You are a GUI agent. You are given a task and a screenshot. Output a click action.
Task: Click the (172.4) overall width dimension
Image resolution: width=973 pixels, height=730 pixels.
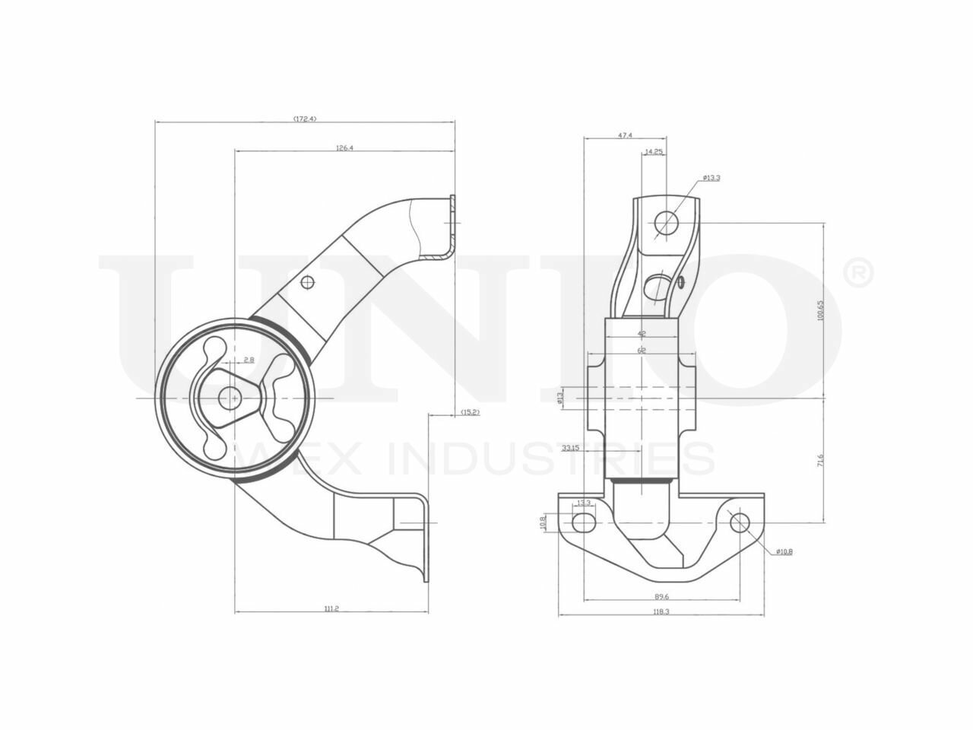pyautogui.click(x=304, y=119)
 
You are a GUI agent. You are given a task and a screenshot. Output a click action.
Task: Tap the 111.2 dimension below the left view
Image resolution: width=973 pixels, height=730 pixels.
pyautogui.click(x=331, y=608)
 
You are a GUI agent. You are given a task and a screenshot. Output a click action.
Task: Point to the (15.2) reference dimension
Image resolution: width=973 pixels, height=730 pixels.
pyautogui.click(x=470, y=412)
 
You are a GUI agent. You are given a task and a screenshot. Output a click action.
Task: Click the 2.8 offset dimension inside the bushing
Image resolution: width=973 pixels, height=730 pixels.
pyautogui.click(x=249, y=359)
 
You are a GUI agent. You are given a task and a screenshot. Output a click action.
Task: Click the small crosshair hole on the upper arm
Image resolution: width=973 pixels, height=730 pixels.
pyautogui.click(x=307, y=283)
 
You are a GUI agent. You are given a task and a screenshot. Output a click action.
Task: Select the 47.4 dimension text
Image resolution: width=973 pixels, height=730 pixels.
pyautogui.click(x=625, y=135)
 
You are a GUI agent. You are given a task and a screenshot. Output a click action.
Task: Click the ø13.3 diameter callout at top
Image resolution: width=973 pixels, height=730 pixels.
pyautogui.click(x=712, y=177)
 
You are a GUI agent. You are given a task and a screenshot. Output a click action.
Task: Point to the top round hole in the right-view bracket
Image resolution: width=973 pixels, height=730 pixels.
pyautogui.click(x=667, y=222)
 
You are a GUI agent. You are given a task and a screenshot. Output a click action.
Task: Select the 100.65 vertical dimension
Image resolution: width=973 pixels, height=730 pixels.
pyautogui.click(x=820, y=309)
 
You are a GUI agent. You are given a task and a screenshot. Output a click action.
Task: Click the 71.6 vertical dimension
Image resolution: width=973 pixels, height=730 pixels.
pyautogui.click(x=820, y=461)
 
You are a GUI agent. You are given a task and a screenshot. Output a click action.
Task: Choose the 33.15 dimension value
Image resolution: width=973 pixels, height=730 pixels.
pyautogui.click(x=571, y=449)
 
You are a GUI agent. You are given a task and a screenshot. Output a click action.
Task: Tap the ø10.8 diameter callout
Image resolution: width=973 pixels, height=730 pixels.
pyautogui.click(x=784, y=552)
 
